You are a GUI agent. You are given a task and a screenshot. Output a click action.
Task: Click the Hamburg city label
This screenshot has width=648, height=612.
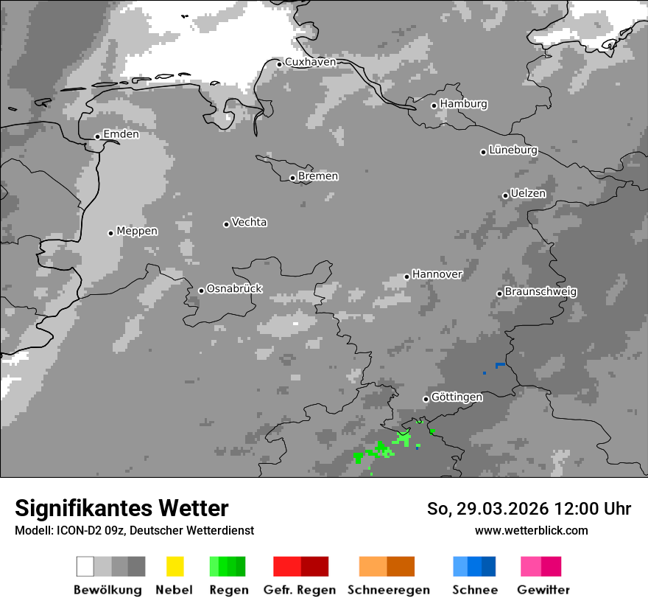[463, 104]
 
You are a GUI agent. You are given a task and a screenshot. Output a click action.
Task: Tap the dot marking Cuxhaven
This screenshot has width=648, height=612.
[279, 64]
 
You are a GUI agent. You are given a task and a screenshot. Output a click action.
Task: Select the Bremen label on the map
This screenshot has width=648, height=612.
[318, 176]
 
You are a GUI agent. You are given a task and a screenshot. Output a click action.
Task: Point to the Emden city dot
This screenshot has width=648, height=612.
[97, 136]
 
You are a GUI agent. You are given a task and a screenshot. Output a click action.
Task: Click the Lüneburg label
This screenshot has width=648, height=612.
[513, 150]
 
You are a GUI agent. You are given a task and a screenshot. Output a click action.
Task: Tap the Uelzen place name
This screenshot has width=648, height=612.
[528, 194]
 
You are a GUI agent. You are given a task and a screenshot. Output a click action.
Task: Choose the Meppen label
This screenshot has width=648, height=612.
[137, 232]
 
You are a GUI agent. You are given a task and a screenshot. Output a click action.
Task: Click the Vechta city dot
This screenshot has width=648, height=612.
[226, 224]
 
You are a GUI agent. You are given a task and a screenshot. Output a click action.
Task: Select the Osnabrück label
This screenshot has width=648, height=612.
[234, 289]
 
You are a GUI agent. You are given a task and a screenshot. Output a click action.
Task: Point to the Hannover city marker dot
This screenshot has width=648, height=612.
[406, 277]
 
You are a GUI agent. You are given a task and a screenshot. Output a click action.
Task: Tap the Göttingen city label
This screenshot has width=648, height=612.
[457, 397]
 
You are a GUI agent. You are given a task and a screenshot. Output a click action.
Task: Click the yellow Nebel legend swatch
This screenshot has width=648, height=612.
[175, 566]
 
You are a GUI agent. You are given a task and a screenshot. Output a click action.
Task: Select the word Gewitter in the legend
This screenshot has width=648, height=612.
[543, 590]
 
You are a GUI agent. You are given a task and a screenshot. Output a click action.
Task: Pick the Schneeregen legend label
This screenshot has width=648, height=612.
[389, 590]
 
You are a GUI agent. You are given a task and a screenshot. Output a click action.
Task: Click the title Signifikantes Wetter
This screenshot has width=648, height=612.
[121, 508]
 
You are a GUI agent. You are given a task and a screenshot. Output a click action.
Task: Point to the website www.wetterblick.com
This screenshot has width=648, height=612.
[531, 530]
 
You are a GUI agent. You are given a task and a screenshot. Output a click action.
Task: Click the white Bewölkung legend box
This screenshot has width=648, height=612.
[85, 566]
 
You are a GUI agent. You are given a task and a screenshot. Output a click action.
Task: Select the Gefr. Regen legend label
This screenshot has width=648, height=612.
[300, 590]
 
